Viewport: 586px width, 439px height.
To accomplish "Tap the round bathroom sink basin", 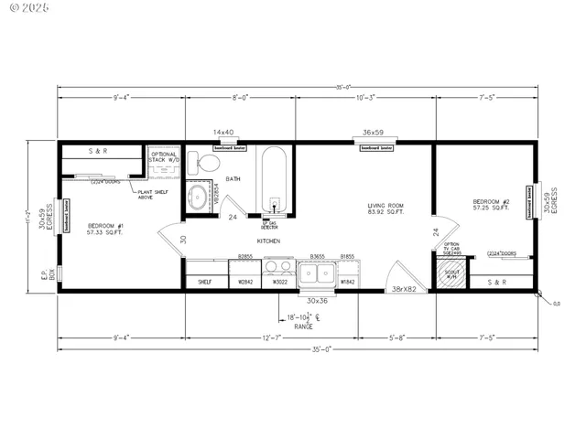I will pyautogui.click(x=197, y=198).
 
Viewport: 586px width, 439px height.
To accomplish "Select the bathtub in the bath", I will pyautogui.click(x=274, y=177).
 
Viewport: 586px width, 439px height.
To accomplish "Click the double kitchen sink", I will pyautogui.click(x=320, y=272).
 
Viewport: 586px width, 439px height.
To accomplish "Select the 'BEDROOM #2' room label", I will pyautogui.click(x=492, y=204).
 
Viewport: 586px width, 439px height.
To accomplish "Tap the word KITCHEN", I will pyautogui.click(x=268, y=241).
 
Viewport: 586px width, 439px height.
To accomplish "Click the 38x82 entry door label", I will pyautogui.click(x=404, y=289).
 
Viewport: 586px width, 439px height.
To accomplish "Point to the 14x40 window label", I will pyautogui.click(x=224, y=133).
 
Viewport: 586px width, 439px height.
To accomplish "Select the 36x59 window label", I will pyautogui.click(x=373, y=133).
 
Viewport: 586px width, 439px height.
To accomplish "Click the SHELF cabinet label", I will pyautogui.click(x=205, y=283).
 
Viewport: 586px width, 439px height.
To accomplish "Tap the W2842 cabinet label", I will pyautogui.click(x=245, y=283).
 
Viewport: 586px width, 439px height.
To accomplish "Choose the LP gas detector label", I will pyautogui.click(x=270, y=224).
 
